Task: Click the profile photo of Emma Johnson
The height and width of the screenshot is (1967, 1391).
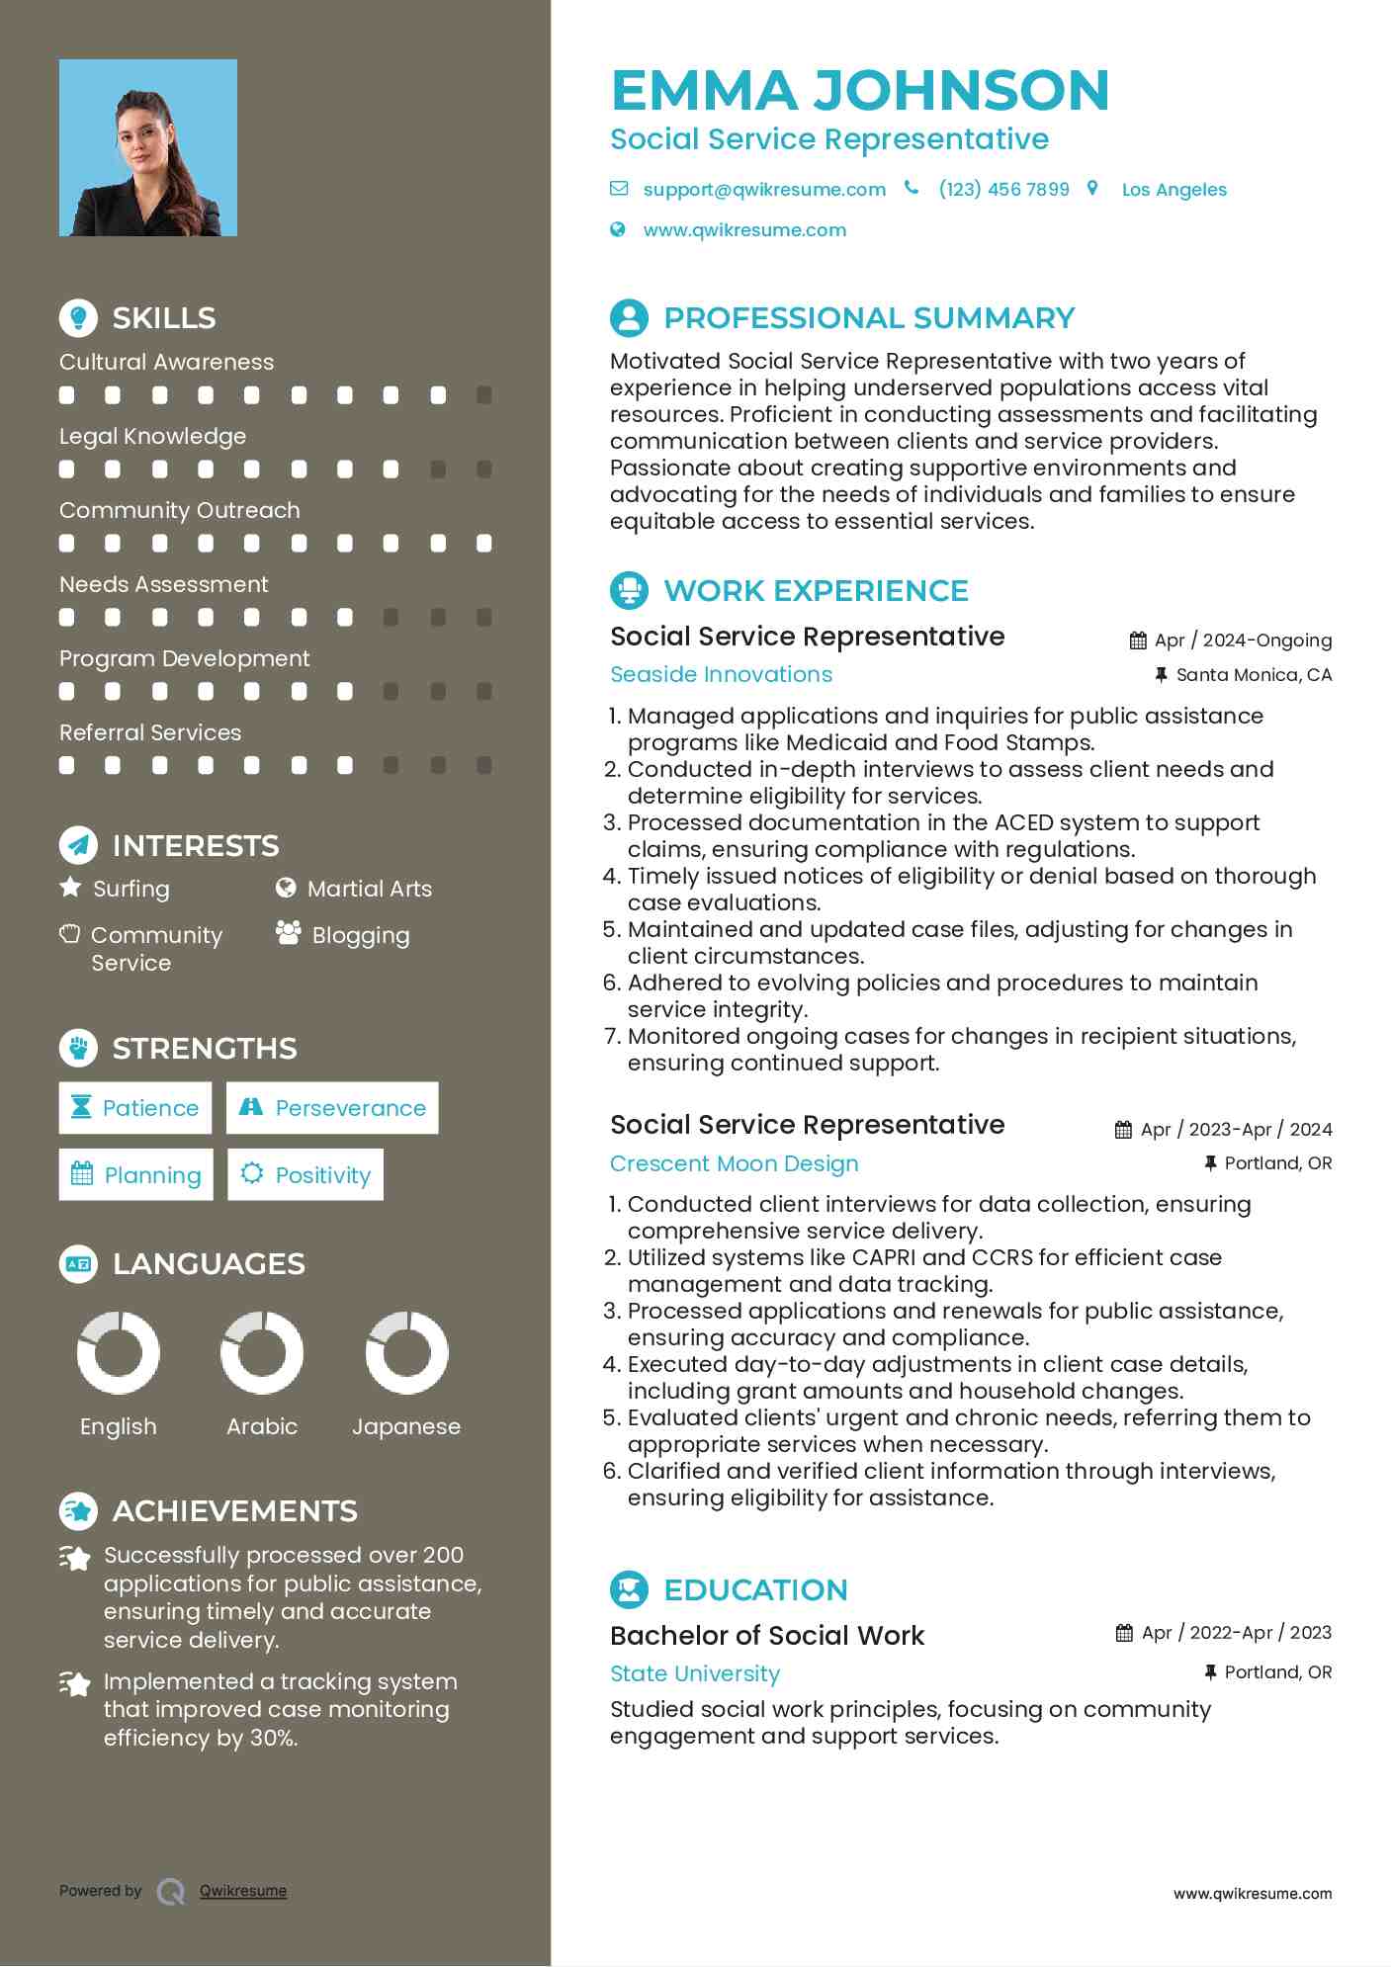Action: click(x=148, y=148)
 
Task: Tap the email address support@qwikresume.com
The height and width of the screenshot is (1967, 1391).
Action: click(x=763, y=190)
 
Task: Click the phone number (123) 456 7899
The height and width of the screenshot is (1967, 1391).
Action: click(x=1003, y=190)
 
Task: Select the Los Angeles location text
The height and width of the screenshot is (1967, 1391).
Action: click(x=1174, y=190)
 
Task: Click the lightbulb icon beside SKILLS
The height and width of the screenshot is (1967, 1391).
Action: click(x=78, y=317)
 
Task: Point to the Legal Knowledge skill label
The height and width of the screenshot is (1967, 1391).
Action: click(x=152, y=436)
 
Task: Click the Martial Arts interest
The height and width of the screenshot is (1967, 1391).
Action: click(x=369, y=889)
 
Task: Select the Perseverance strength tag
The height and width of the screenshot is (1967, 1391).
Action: click(x=332, y=1108)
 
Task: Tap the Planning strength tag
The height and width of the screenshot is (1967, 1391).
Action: click(x=136, y=1174)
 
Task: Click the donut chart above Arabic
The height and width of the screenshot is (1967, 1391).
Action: click(x=262, y=1352)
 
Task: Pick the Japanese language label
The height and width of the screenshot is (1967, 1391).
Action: click(x=406, y=1426)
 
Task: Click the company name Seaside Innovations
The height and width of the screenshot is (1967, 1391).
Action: click(x=721, y=674)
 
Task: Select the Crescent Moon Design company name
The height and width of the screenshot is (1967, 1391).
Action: click(x=734, y=1163)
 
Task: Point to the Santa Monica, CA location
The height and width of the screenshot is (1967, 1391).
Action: click(x=1253, y=675)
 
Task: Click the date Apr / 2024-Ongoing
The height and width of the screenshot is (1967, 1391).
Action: click(x=1242, y=641)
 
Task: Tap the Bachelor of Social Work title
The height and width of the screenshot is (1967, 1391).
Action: click(x=766, y=1636)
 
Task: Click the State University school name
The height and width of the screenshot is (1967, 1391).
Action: click(x=695, y=1673)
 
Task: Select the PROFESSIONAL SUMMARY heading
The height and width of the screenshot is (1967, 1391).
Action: click(x=868, y=318)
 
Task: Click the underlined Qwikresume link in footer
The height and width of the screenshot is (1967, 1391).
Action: click(x=243, y=1891)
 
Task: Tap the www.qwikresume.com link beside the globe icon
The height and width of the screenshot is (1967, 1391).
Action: click(x=744, y=230)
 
